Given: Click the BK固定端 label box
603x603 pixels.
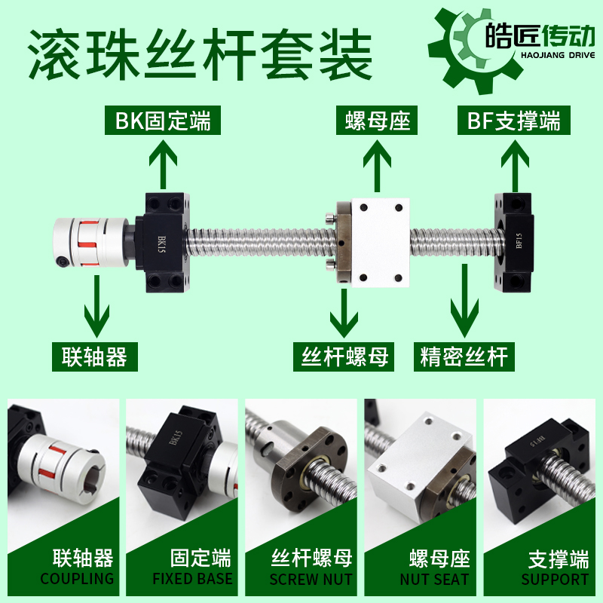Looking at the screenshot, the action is pos(163,121).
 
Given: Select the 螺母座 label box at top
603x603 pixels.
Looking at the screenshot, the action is pos(377,121).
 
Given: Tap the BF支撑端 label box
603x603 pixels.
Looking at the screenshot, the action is pos(514,121).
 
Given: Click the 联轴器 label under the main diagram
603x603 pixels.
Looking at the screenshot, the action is pos(95,357).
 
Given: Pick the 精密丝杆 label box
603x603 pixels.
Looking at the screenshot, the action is pos(464,357).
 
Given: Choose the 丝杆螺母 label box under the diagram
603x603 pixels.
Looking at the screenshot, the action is pos(344,357).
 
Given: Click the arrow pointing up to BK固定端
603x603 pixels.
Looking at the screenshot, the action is pos(163,164).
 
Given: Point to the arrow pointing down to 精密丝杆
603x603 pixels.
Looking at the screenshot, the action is pos(464,301).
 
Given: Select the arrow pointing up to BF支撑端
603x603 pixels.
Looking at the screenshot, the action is pos(515,166).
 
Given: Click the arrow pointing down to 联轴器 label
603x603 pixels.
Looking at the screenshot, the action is pos(96,307).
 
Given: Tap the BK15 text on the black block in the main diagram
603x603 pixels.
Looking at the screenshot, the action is pos(161,244).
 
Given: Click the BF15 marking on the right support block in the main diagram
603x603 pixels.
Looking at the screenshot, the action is pos(519,240).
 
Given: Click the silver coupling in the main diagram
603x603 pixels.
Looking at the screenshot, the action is pos(90,242).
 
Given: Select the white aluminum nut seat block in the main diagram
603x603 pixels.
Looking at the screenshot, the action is pos(380,243).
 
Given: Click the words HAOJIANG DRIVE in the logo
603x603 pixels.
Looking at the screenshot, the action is pos(558,55).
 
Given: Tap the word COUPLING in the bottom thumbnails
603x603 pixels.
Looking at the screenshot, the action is pos(78,578).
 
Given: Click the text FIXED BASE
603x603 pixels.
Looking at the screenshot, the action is pos(193,578).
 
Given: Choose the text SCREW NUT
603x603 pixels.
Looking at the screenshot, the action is pos(311,579).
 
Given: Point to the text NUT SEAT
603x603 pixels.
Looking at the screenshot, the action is pos(435,579).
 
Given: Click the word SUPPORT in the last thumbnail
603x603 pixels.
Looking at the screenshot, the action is pos(555,579).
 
